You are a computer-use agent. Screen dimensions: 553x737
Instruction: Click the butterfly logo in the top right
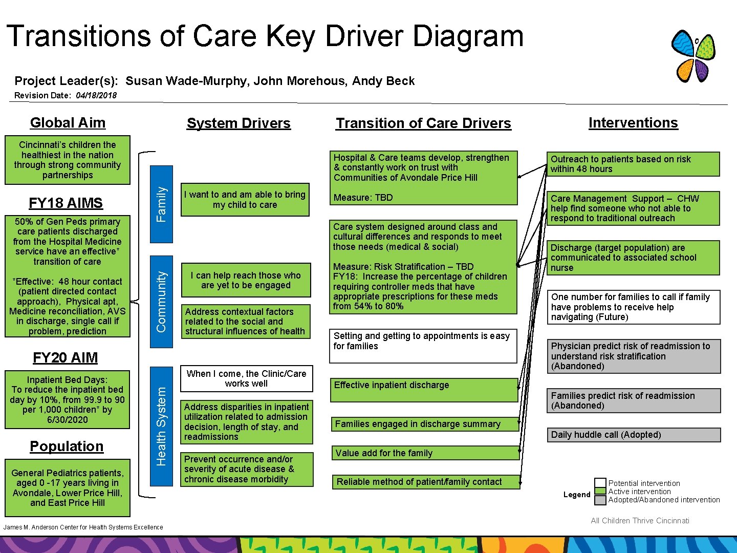[x=693, y=56]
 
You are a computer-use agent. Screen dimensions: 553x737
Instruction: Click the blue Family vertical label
[x=161, y=204]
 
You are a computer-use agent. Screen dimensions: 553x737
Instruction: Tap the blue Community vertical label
[x=161, y=302]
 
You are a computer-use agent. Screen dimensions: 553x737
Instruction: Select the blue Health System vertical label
[x=161, y=426]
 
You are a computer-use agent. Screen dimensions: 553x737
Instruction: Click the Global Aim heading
[x=68, y=123]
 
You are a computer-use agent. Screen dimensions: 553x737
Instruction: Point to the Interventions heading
[x=633, y=123]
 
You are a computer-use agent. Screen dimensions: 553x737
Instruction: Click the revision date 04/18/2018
[x=96, y=95]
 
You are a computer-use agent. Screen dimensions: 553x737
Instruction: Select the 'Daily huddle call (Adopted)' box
[x=634, y=435]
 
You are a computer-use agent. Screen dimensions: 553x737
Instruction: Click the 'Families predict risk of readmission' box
[x=634, y=400]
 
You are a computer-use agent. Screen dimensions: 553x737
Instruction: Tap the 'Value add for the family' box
[x=425, y=453]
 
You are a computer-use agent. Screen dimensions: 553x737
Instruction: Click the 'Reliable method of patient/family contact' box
[x=425, y=482]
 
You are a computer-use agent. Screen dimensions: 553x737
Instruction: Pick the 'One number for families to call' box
[x=634, y=307]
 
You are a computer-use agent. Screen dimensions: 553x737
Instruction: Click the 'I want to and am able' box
[x=245, y=200]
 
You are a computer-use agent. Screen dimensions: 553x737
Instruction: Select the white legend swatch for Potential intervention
[x=600, y=483]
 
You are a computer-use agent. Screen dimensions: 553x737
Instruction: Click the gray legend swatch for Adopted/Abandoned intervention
[x=600, y=500]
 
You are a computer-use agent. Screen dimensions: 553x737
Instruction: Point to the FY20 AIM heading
[x=65, y=357]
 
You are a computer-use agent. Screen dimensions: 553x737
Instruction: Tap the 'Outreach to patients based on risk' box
[x=634, y=164]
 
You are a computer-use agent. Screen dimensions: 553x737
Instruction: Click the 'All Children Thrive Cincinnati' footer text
[x=640, y=521]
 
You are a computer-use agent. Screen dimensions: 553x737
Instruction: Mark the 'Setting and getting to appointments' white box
[x=423, y=346]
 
